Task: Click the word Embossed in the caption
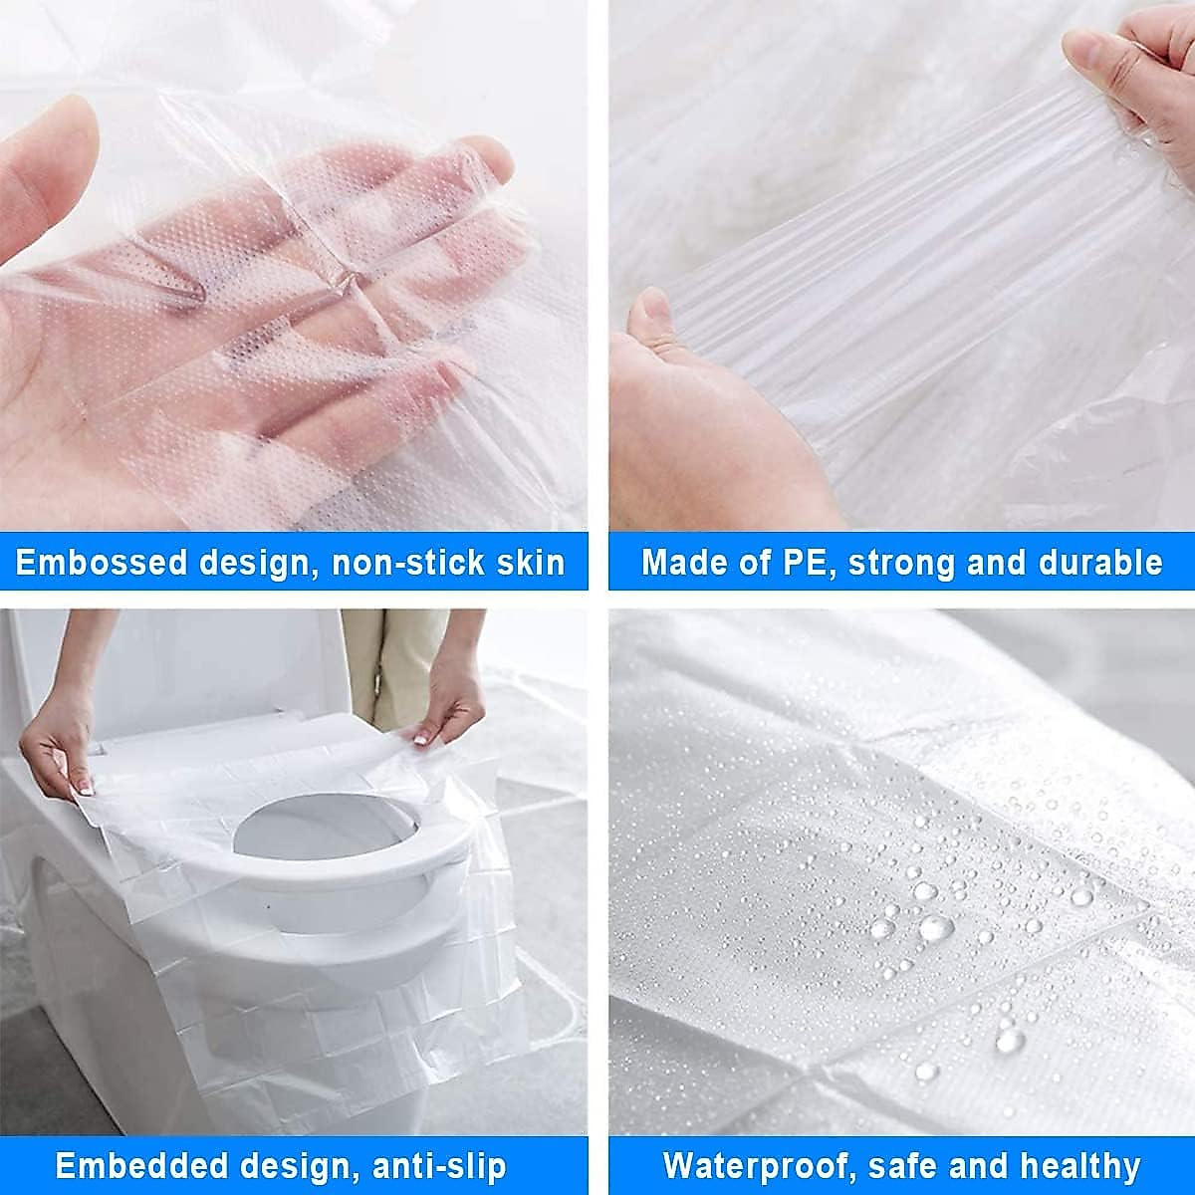[101, 563]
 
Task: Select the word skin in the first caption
[529, 563]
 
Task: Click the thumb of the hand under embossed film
[50, 169]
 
